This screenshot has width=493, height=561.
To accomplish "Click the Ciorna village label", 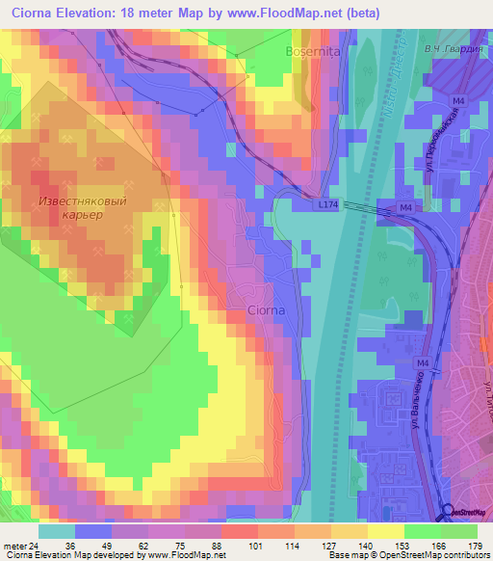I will [266, 310].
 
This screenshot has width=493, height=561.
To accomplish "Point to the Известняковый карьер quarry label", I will [88, 207].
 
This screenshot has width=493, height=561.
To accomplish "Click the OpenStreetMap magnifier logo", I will [447, 513].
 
